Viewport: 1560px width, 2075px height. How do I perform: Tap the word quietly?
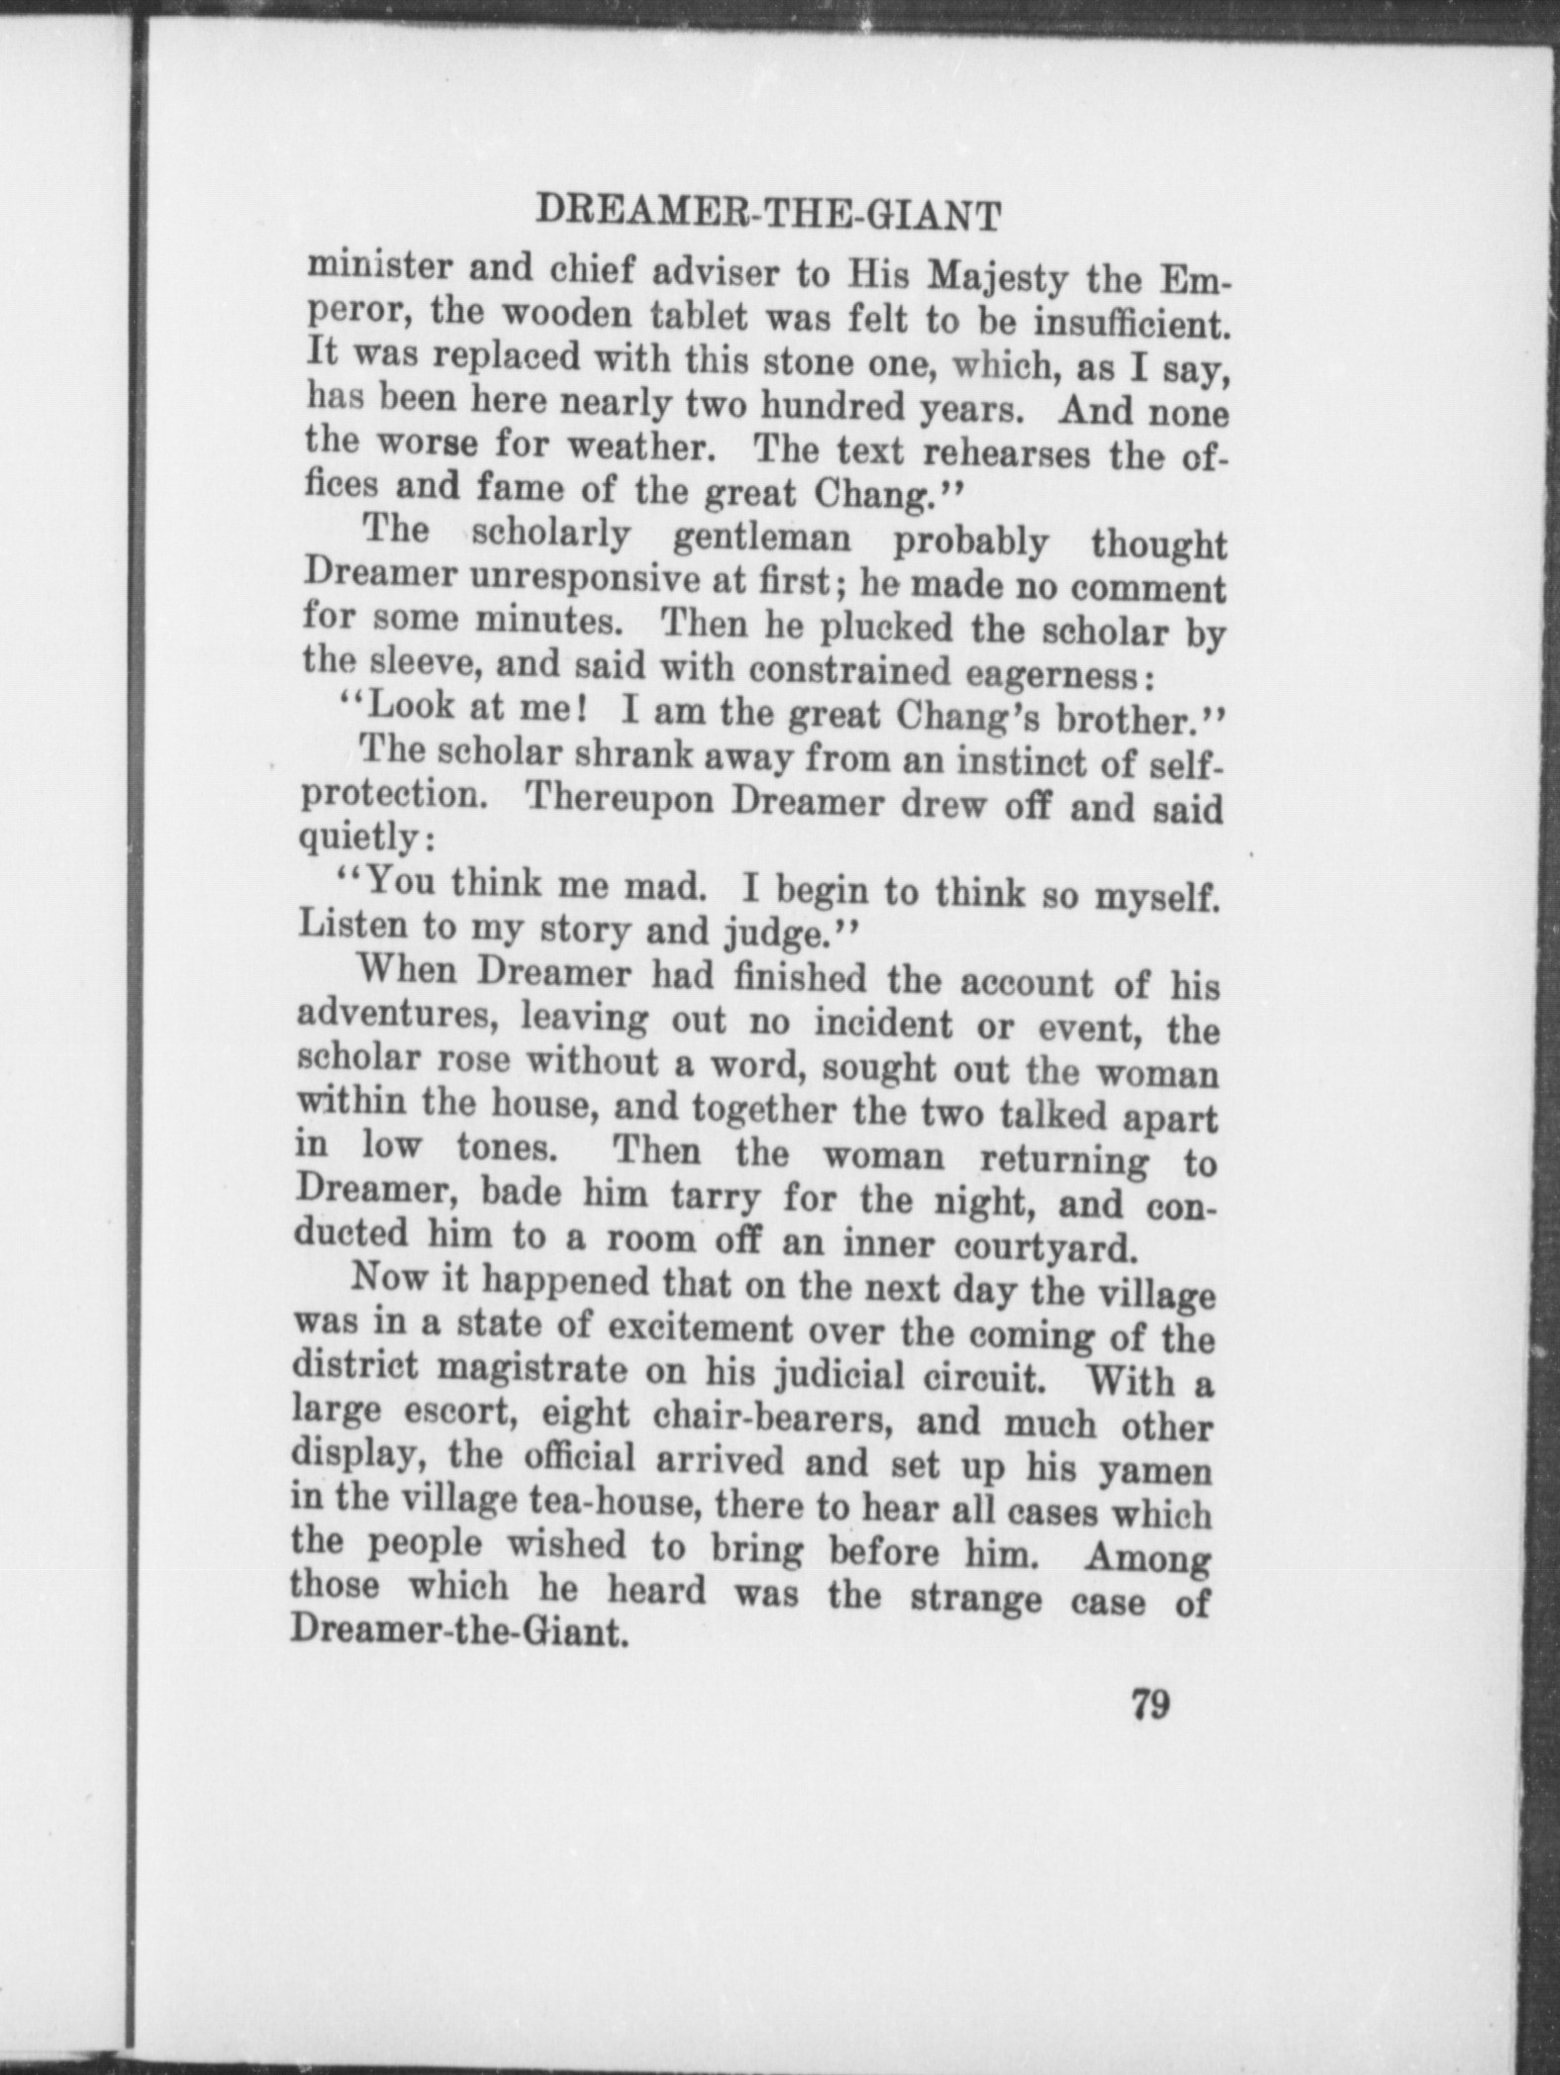[x=360, y=839]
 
